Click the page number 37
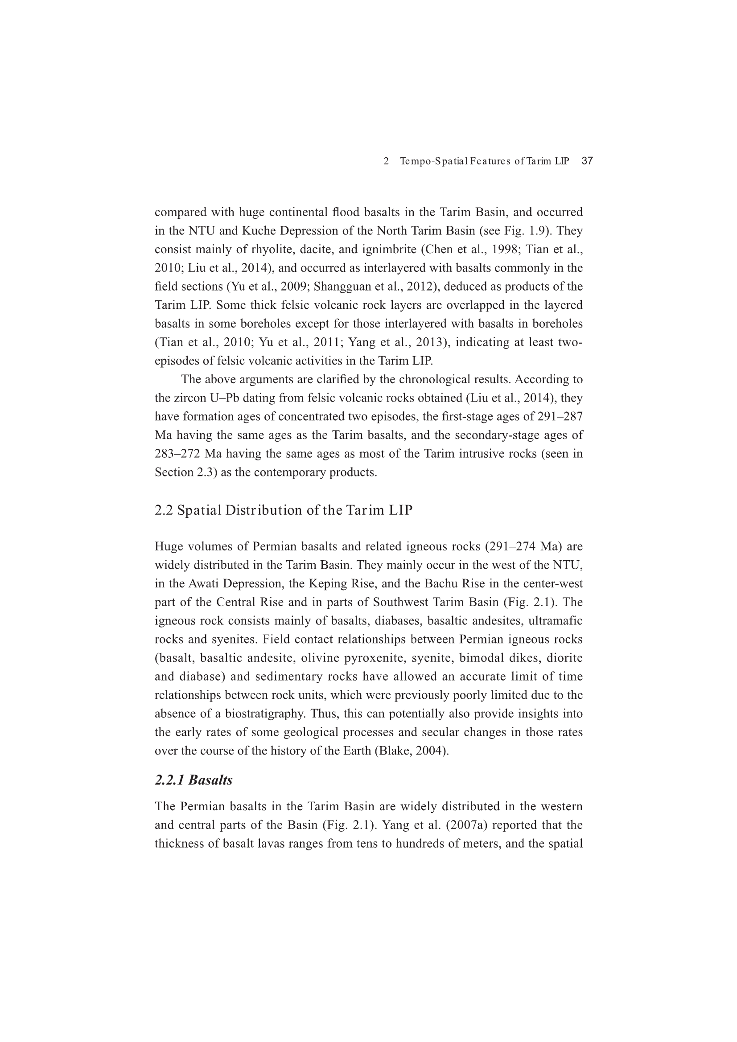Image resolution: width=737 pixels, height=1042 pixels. click(587, 161)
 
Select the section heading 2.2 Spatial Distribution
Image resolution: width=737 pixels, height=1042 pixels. click(284, 510)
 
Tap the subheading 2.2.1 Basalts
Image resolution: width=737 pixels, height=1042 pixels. click(194, 780)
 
